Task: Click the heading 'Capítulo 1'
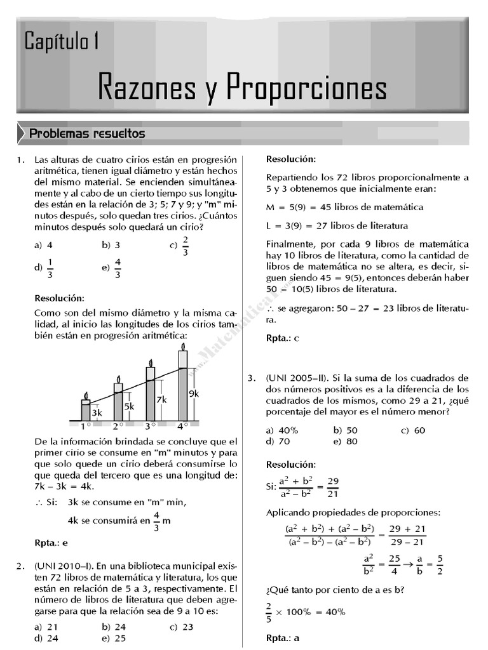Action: (x=62, y=42)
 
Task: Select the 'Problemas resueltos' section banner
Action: (x=87, y=134)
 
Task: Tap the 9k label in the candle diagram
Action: (x=194, y=394)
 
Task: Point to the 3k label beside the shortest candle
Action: (x=97, y=413)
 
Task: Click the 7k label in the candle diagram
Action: (x=161, y=400)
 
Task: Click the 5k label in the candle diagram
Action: (x=129, y=406)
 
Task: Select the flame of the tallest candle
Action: (x=183, y=347)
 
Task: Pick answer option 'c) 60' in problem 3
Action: (x=413, y=430)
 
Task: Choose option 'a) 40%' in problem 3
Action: (x=283, y=430)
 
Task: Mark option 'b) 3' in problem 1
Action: (x=111, y=244)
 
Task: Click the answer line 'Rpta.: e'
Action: (x=51, y=543)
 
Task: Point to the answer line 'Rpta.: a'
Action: (x=283, y=638)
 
